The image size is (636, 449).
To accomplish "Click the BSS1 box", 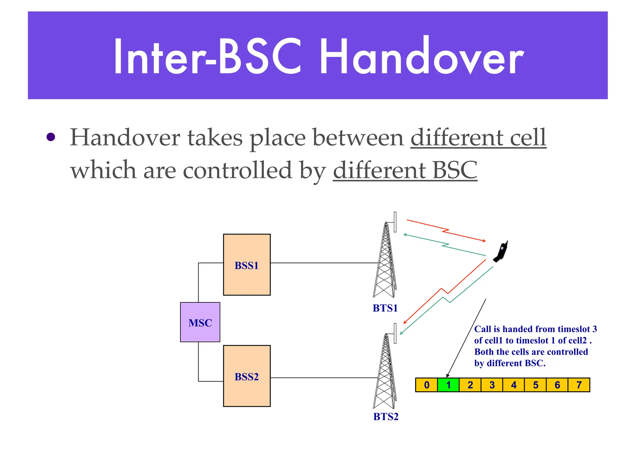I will pos(247,265).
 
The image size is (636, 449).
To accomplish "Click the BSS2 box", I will pos(247,376).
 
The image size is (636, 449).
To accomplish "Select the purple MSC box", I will pos(200,322).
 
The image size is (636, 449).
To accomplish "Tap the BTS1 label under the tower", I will pos(385,308).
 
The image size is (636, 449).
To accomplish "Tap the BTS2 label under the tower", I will pos(386,416).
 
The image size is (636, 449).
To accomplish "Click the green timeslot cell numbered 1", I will pos(448,385).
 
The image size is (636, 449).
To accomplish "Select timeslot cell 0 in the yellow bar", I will pos(426,385).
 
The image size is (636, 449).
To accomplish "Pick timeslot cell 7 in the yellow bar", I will pos(579,385).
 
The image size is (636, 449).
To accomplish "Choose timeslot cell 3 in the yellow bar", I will pos(492,385).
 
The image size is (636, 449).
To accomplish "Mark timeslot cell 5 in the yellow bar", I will pos(535,385).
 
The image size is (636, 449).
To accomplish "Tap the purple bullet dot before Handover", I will pos(51,137).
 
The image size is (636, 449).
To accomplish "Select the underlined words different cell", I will pos(478,137).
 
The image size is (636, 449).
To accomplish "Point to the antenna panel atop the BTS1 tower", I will pos(395,222).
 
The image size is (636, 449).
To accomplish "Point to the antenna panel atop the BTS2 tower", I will pos(395,333).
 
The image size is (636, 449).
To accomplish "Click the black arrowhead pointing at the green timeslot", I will pos(447,376).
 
